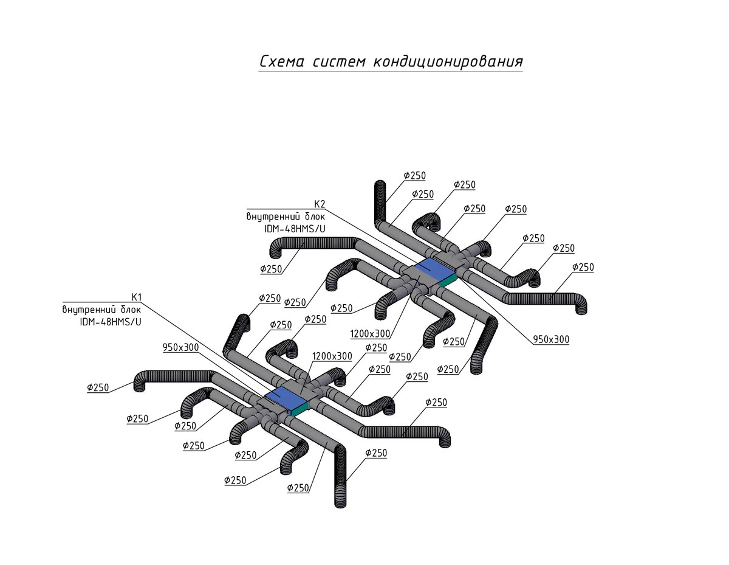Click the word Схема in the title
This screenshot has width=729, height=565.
(x=282, y=62)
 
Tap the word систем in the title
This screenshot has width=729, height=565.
(x=339, y=63)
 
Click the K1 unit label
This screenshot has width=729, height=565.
(x=137, y=297)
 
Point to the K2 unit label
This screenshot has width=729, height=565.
(x=320, y=204)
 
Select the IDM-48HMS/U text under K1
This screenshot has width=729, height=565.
(x=111, y=322)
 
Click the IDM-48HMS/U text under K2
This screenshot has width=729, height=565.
(x=295, y=229)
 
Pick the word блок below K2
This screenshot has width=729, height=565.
(x=313, y=217)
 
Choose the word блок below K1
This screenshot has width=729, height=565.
(x=129, y=310)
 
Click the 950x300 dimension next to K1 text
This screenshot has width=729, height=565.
(x=181, y=347)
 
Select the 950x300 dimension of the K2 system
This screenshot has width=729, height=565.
(x=551, y=340)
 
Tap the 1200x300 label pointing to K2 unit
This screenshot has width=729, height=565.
(x=371, y=334)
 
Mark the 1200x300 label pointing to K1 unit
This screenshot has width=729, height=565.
(x=332, y=356)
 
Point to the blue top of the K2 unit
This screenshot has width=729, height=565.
(x=435, y=269)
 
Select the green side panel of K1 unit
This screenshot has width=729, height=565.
(x=300, y=409)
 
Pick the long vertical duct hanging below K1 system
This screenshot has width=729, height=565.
(x=340, y=476)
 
